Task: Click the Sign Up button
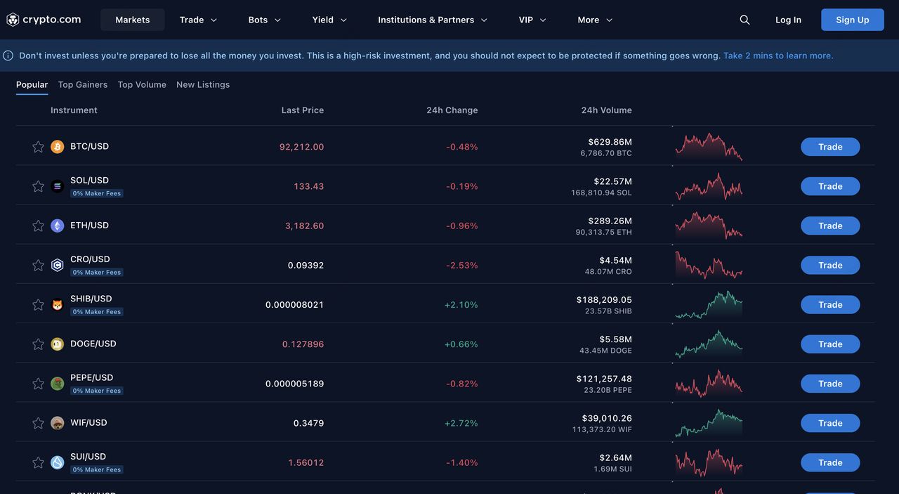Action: click(x=852, y=20)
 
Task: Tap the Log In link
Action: click(x=788, y=20)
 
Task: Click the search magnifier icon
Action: click(x=744, y=20)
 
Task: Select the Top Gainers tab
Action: click(x=83, y=84)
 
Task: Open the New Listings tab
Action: click(x=203, y=84)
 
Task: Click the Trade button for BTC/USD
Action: click(x=830, y=147)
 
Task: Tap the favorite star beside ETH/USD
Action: click(x=38, y=226)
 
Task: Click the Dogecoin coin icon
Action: click(x=58, y=344)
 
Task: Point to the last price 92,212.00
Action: click(x=301, y=147)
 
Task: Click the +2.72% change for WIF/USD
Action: click(x=461, y=423)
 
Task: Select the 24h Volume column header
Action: click(x=606, y=110)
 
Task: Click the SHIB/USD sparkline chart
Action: click(x=708, y=305)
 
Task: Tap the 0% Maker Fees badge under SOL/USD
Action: click(x=97, y=193)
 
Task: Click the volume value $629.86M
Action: click(x=610, y=142)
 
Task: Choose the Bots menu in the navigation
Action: click(x=264, y=20)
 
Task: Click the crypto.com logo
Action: click(x=44, y=20)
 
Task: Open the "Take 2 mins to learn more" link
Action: click(x=778, y=56)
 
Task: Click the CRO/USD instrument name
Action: click(x=90, y=259)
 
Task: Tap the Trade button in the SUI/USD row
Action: click(x=830, y=462)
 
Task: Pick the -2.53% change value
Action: click(x=461, y=266)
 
